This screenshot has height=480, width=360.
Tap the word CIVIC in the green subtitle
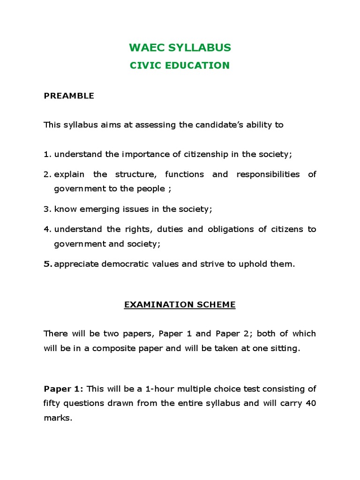coord(142,66)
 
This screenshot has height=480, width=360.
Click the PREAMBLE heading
coord(69,96)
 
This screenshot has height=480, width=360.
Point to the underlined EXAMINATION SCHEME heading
coord(180,305)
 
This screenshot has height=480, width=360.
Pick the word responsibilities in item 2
coord(268,174)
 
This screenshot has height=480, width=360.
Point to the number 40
coord(311,403)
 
